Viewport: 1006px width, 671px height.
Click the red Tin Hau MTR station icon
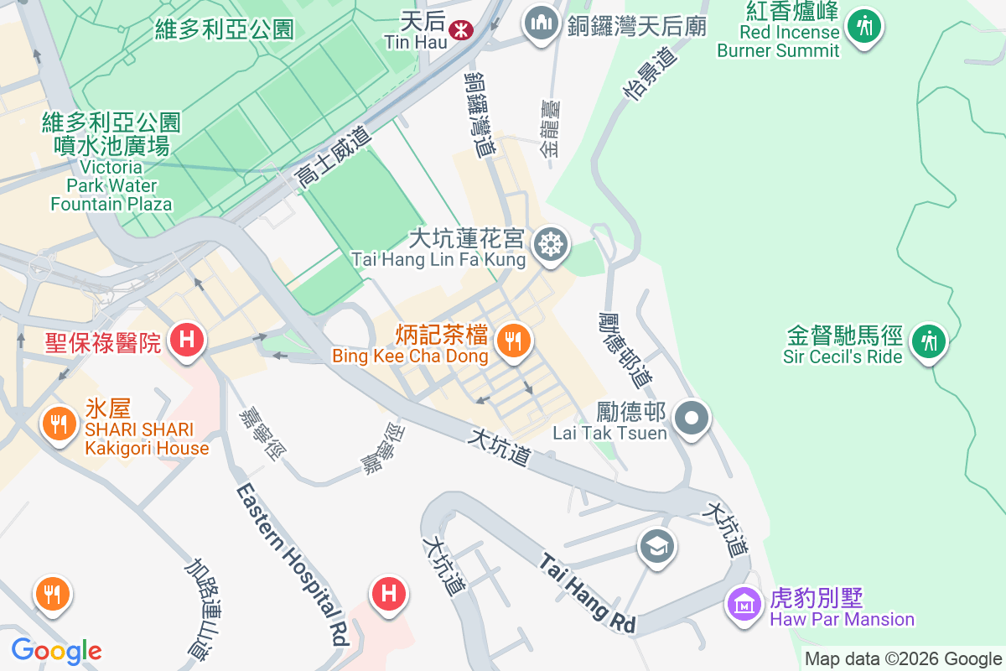point(459,30)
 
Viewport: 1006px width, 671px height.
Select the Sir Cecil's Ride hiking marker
point(928,341)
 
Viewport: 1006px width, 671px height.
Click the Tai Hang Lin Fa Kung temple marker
point(552,245)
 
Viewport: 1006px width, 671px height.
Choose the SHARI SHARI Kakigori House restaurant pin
point(58,424)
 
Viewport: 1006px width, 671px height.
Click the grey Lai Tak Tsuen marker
point(692,417)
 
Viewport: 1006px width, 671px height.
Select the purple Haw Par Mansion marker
point(744,603)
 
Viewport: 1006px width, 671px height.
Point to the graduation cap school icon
point(657,547)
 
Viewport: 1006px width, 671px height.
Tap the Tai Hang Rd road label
point(588,593)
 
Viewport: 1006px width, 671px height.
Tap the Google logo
point(56,651)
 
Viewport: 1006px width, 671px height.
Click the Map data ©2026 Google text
point(903,658)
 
